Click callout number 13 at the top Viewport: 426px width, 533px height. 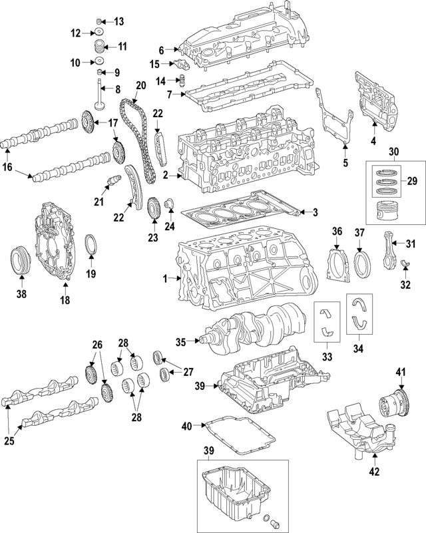pos(119,21)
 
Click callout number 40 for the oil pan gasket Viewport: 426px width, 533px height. pos(186,425)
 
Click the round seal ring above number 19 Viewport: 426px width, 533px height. pos(92,246)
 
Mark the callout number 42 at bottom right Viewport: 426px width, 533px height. pos(374,472)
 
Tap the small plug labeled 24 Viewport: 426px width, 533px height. pos(168,203)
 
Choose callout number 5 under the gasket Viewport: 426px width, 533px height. pos(345,162)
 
